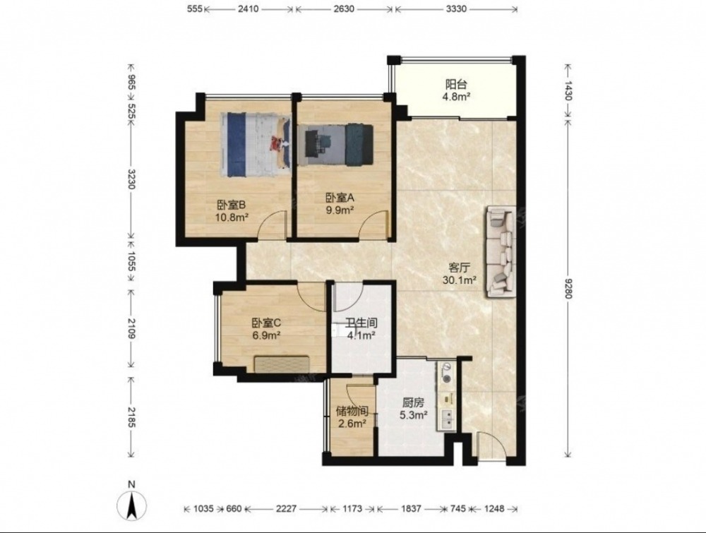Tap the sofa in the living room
coord(501,252)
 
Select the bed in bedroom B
coord(255,145)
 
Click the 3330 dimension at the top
coord(455,8)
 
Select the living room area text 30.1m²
coord(460,280)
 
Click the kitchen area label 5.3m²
coord(414,416)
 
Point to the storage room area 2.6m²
coord(352,423)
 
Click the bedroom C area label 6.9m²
coord(268,335)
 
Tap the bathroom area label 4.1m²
coord(361,335)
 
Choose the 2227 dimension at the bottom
coord(286,509)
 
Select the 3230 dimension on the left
coord(131,179)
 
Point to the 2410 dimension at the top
coord(248,8)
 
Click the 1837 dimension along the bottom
coord(411,509)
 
